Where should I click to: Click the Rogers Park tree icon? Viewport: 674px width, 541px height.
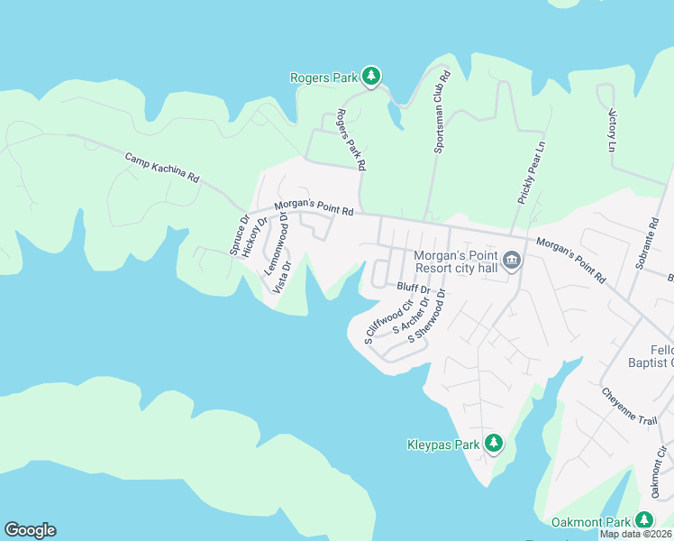point(370,76)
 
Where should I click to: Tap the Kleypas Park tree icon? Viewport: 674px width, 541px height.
point(493,443)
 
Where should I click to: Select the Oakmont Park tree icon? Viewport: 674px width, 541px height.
point(643,520)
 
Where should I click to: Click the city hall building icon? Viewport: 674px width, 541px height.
point(511,261)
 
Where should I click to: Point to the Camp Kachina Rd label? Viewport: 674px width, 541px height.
point(161,169)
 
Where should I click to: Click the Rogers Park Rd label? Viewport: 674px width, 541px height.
point(351,141)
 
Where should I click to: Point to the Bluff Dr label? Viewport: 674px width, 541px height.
point(412,288)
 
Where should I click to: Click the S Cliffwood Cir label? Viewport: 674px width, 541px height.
point(382,325)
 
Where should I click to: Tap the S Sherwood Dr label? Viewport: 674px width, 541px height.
point(427,316)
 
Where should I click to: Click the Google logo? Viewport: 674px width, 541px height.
point(30,530)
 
